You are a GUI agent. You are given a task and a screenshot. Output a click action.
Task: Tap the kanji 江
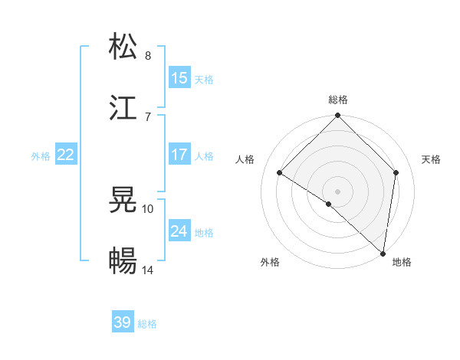pyautogui.click(x=123, y=107)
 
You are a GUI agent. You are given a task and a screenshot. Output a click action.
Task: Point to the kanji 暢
pyautogui.click(x=123, y=261)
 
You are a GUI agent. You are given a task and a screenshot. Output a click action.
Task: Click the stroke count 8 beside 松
pyautogui.click(x=148, y=55)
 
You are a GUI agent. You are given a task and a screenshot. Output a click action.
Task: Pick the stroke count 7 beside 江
pyautogui.click(x=148, y=116)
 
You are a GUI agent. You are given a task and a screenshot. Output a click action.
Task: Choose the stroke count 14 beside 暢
pyautogui.click(x=148, y=270)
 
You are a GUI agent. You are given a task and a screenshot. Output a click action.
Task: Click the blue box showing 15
pyautogui.click(x=179, y=78)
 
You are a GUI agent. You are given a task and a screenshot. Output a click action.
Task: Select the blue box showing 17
pyautogui.click(x=179, y=155)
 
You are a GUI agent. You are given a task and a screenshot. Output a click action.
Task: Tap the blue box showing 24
pyautogui.click(x=179, y=231)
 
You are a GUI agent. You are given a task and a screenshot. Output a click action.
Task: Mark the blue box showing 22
pyautogui.click(x=65, y=155)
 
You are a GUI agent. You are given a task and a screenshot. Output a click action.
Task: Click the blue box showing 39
pyautogui.click(x=123, y=322)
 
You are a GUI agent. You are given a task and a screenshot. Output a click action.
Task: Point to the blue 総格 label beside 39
pyautogui.click(x=147, y=324)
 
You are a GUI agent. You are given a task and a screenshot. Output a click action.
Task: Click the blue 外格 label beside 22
pyautogui.click(x=41, y=156)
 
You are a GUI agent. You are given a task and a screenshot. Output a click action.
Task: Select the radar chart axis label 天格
pyautogui.click(x=432, y=159)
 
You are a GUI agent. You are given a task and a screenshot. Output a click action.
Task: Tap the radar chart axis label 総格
pyautogui.click(x=338, y=100)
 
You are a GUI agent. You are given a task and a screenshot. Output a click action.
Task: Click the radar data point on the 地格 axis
pyautogui.click(x=383, y=253)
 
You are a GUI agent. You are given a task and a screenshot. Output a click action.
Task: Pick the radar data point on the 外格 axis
pyautogui.click(x=328, y=205)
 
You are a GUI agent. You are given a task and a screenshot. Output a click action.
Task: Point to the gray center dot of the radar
pyautogui.click(x=338, y=191)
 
